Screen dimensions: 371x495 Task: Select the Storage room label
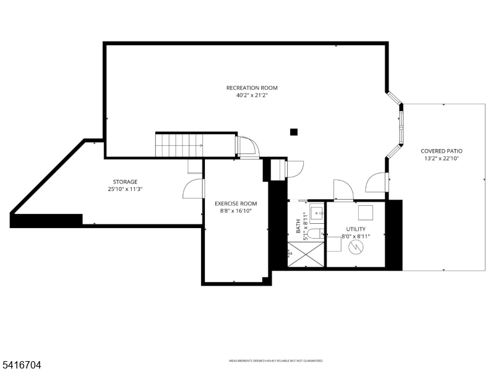[x=125, y=182]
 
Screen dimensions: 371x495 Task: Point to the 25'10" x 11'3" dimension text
[x=125, y=189]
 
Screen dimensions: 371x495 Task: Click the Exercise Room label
[x=236, y=203]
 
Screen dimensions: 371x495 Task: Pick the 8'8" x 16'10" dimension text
[x=236, y=211]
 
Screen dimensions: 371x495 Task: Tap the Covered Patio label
[x=442, y=151]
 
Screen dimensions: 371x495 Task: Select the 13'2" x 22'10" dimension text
[x=442, y=158]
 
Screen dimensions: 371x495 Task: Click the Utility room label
[x=356, y=229]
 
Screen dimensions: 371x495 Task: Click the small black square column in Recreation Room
[x=294, y=132]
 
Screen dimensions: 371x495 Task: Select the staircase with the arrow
[x=179, y=145]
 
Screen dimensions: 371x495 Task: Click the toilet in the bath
[x=314, y=234]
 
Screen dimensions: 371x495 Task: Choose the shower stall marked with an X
[x=306, y=255]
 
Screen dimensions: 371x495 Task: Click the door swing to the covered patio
[x=377, y=182]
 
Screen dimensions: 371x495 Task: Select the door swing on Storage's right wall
[x=193, y=188]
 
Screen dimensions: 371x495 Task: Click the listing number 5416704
[x=21, y=365]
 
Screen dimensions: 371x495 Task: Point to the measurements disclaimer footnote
[x=276, y=360]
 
